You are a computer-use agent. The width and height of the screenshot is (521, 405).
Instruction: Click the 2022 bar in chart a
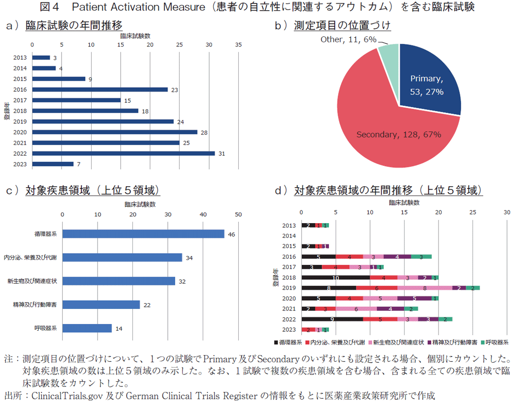click(123, 153)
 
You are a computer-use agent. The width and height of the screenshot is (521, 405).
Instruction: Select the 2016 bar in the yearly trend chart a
click(99, 89)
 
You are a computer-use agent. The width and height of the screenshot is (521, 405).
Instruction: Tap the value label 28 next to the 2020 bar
click(204, 132)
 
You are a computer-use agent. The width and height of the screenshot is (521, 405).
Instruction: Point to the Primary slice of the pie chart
click(426, 82)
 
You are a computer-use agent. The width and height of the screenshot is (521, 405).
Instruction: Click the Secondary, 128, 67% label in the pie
click(399, 134)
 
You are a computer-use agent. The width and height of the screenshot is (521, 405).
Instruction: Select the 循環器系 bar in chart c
click(143, 234)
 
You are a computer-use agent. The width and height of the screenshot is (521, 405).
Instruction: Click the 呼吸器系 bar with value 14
click(87, 328)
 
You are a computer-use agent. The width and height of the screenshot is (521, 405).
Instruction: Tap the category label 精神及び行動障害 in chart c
click(35, 305)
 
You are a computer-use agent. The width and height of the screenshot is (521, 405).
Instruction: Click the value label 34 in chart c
click(189, 258)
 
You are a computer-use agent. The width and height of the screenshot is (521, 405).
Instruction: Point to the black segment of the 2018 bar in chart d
click(335, 277)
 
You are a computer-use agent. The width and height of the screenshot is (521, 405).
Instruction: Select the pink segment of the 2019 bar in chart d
click(425, 288)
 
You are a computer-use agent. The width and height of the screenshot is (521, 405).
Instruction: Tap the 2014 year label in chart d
click(289, 236)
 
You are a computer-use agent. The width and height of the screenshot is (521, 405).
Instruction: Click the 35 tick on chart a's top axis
click(238, 45)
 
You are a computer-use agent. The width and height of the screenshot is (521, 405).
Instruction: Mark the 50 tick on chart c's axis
click(238, 215)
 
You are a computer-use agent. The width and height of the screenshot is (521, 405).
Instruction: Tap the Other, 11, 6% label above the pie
click(348, 40)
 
